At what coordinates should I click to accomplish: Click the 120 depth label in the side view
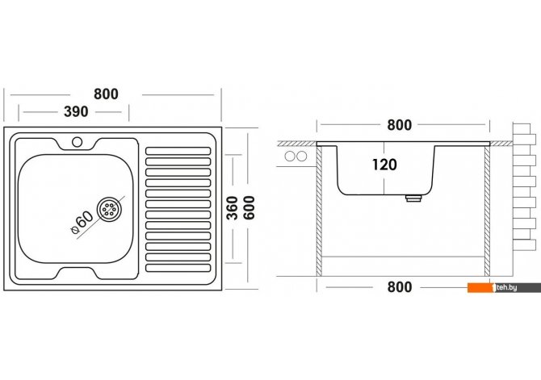coord(384,165)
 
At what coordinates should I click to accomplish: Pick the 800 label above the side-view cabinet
coord(399,125)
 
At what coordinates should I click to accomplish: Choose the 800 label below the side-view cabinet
coord(399,286)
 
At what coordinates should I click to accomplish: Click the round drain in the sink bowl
coord(109,209)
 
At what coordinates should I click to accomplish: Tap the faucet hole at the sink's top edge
coord(78,143)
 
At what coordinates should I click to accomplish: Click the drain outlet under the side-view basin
coord(413,197)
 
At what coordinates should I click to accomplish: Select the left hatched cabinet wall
coord(320,210)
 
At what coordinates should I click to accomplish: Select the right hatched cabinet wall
coord(488,210)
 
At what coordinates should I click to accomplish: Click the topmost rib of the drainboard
coord(177,151)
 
